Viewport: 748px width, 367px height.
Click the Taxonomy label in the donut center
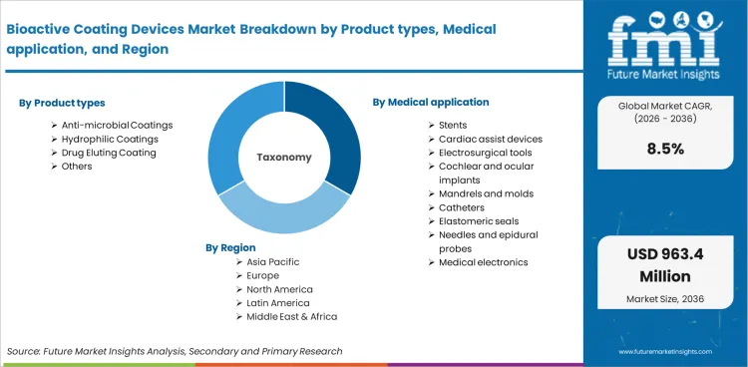pyautogui.click(x=284, y=157)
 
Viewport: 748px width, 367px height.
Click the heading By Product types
pyautogui.click(x=62, y=103)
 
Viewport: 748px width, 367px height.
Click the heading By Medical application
pyautogui.click(x=431, y=102)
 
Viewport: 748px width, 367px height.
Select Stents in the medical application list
pyautogui.click(x=455, y=125)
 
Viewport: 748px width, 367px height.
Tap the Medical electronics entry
pyautogui.click(x=484, y=262)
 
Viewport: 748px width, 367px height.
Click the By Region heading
pyautogui.click(x=231, y=247)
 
